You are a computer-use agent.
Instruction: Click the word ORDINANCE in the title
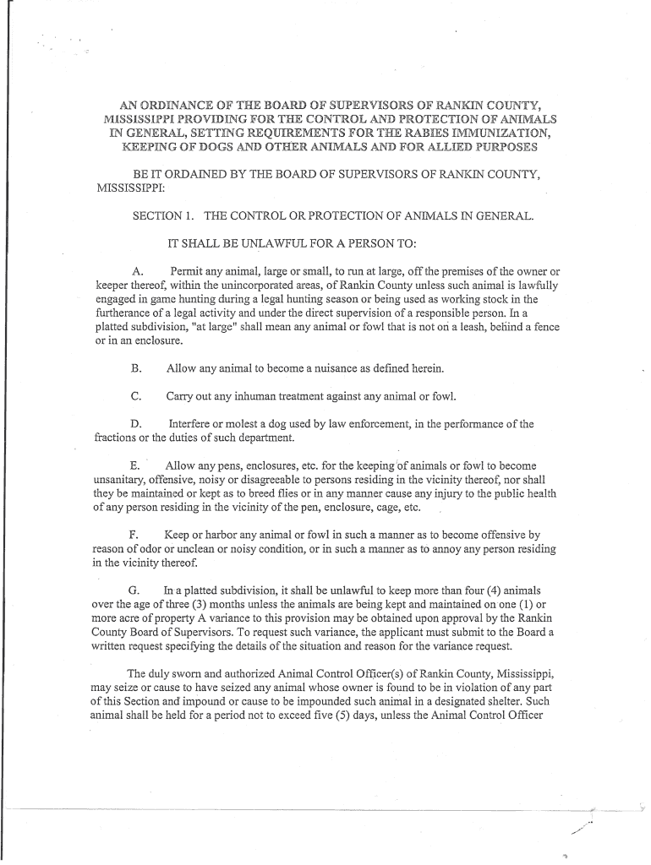[x=181, y=106]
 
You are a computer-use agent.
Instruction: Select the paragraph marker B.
[x=135, y=368]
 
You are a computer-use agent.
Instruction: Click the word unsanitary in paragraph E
[x=120, y=480]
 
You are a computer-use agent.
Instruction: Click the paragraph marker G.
[x=134, y=590]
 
